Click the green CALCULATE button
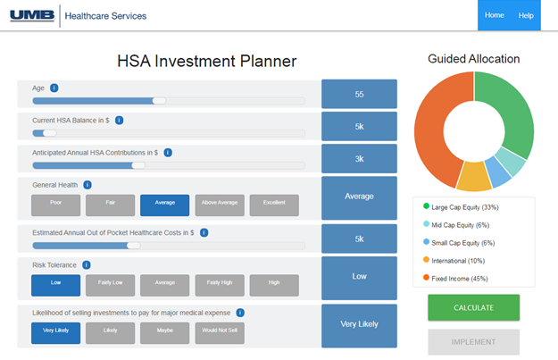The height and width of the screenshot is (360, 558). click(x=473, y=307)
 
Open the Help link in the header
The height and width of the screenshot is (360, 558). click(x=526, y=15)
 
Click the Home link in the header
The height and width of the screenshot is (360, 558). click(x=494, y=15)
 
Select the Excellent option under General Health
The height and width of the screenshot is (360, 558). click(x=274, y=205)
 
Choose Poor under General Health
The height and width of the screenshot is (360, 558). click(x=55, y=205)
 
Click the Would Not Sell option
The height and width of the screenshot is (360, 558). click(x=220, y=333)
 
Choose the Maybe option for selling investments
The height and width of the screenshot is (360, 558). click(x=164, y=333)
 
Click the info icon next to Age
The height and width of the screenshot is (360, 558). click(x=54, y=88)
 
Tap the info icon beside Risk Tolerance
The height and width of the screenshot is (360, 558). click(x=86, y=264)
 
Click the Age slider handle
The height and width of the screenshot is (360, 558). click(x=159, y=101)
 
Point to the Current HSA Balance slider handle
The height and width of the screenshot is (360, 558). click(x=50, y=133)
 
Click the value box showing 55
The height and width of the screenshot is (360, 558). click(x=359, y=94)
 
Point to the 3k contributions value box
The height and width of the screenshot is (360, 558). click(x=359, y=158)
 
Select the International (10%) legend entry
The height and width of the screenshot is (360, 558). click(x=458, y=260)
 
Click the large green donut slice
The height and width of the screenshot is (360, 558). click(x=509, y=112)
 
